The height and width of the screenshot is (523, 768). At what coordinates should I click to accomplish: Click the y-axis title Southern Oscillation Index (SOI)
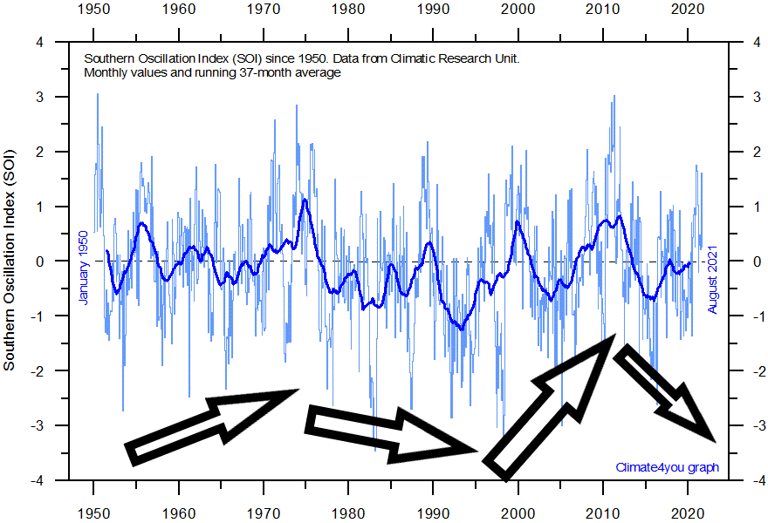[10, 261]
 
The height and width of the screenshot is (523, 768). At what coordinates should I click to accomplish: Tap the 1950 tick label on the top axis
[93, 10]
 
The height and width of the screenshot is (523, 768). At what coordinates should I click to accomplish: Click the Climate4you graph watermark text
[667, 467]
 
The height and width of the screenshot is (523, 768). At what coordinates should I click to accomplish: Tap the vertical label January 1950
[84, 267]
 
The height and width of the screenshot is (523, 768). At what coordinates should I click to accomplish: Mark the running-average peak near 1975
[305, 200]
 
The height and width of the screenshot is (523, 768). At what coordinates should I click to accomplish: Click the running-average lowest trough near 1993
[461, 328]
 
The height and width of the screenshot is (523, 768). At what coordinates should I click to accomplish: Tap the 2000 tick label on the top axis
[519, 10]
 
